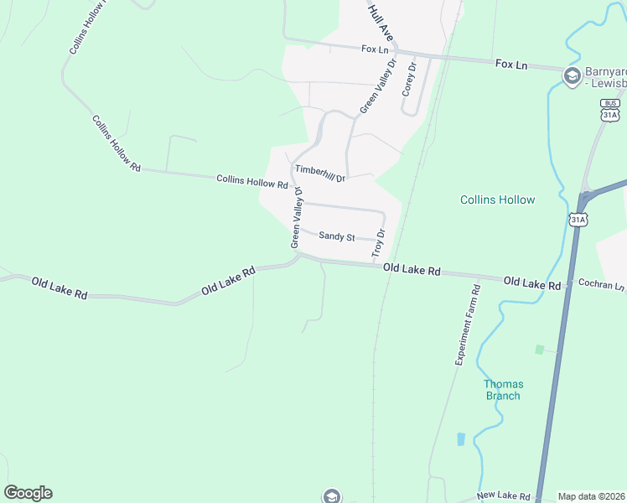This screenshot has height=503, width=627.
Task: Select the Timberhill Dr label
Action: [x=319, y=169]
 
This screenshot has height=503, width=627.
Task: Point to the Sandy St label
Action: [x=337, y=236]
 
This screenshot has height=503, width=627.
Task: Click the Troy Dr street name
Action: [x=379, y=243]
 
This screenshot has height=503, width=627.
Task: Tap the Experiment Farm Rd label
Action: [x=467, y=324]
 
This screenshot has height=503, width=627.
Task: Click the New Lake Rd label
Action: [x=505, y=497]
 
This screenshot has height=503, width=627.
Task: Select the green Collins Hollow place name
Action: [x=497, y=200]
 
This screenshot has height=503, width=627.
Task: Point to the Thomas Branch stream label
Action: [x=503, y=390]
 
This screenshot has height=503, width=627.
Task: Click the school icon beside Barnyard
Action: [x=573, y=77]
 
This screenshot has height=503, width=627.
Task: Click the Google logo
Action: [x=28, y=493]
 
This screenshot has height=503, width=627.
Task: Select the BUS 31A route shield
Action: [x=610, y=111]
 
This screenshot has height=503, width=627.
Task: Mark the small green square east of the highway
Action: [x=539, y=349]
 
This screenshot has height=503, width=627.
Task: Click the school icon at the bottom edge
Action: [x=332, y=496]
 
